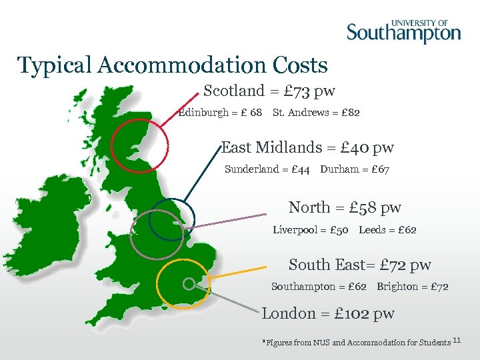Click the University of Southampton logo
403,29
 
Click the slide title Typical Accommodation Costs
173,65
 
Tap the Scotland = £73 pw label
269,91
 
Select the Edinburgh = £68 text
221,113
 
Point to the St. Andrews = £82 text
316,113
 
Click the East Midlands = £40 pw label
307,147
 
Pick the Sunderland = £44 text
267,169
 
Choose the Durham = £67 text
355,169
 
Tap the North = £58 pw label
345,207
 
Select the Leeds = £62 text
387,230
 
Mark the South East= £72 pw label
359,265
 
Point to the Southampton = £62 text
319,287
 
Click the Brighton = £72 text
412,287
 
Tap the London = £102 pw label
328,313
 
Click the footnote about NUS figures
357,343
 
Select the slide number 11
457,341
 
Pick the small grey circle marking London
189,284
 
